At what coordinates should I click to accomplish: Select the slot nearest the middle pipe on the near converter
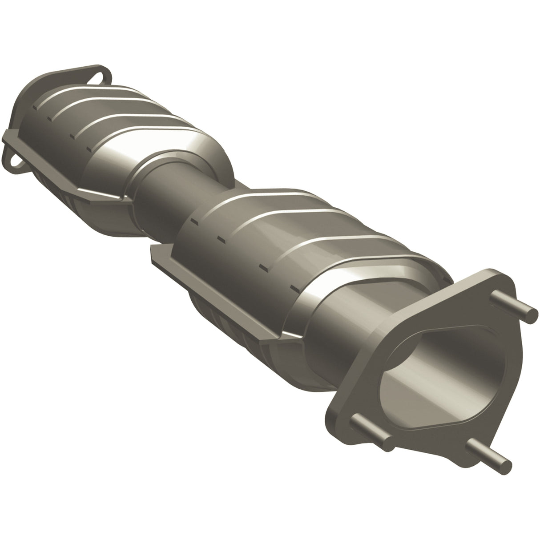point(194,220)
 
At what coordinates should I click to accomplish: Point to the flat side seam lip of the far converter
point(67,178)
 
